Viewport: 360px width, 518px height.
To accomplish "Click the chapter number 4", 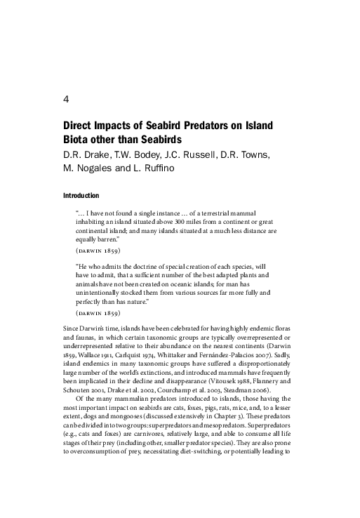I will pyautogui.click(x=65, y=99).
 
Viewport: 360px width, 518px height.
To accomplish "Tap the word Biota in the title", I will pyautogui.click(x=79, y=140).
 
